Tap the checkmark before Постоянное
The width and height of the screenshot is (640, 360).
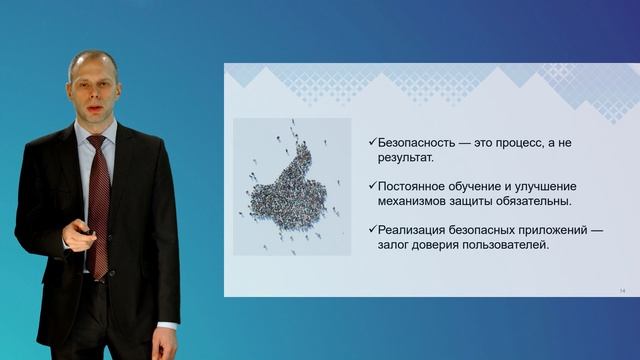tap(370, 187)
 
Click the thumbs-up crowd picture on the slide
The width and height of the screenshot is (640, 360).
tap(292, 185)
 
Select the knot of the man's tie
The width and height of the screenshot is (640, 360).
tap(95, 142)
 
